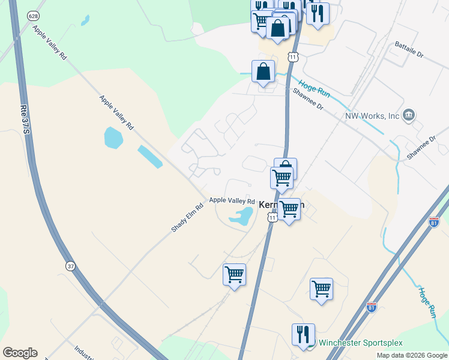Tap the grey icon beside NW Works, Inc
click(409, 115)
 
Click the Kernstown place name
click(282, 205)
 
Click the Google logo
click(20, 353)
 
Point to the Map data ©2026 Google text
click(412, 355)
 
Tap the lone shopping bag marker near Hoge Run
click(264, 72)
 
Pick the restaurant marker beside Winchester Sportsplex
click(303, 335)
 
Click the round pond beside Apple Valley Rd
click(113, 137)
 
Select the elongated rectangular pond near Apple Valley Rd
click(149, 157)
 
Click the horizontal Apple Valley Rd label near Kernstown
click(232, 201)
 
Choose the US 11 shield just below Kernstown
click(273, 217)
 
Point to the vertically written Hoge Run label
click(426, 302)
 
